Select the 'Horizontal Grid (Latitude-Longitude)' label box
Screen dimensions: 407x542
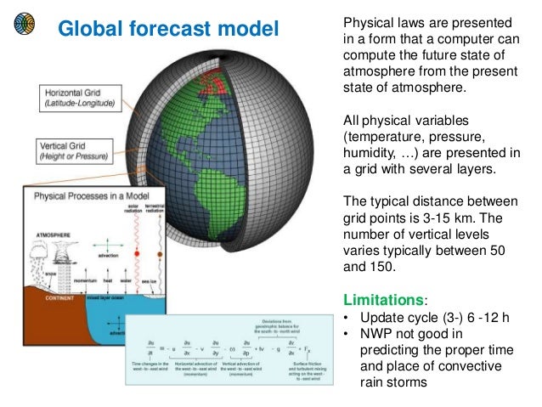click(x=81, y=98)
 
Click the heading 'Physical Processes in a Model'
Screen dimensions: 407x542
click(x=91, y=195)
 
